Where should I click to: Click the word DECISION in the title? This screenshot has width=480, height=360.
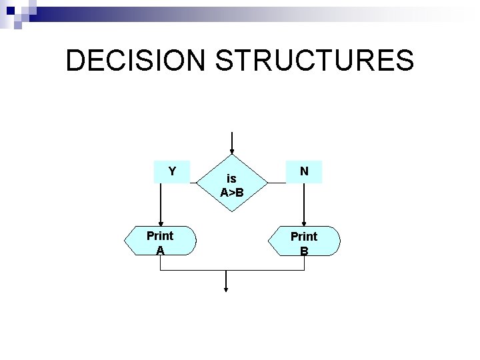pyautogui.click(x=136, y=61)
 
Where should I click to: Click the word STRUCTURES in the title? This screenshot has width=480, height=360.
pyautogui.click(x=315, y=61)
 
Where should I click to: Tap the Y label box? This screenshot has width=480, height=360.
pyautogui.click(x=172, y=171)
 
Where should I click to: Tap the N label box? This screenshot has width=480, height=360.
pyautogui.click(x=303, y=171)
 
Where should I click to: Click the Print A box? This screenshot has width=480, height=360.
pyautogui.click(x=160, y=242)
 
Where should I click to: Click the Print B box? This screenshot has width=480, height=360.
pyautogui.click(x=303, y=242)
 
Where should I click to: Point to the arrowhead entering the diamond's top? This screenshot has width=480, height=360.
pyautogui.click(x=231, y=151)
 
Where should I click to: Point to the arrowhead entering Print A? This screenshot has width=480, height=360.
pyautogui.click(x=161, y=224)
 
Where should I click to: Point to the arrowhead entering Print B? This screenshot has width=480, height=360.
pyautogui.click(x=303, y=224)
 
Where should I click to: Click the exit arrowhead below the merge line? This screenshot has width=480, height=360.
pyautogui.click(x=227, y=289)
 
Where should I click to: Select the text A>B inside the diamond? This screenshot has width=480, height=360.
pyautogui.click(x=231, y=193)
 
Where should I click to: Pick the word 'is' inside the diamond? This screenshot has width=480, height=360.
pyautogui.click(x=231, y=179)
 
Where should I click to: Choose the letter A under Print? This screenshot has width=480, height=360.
pyautogui.click(x=160, y=250)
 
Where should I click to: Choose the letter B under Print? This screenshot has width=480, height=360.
pyautogui.click(x=304, y=251)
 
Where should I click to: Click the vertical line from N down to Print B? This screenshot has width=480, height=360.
pyautogui.click(x=303, y=203)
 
